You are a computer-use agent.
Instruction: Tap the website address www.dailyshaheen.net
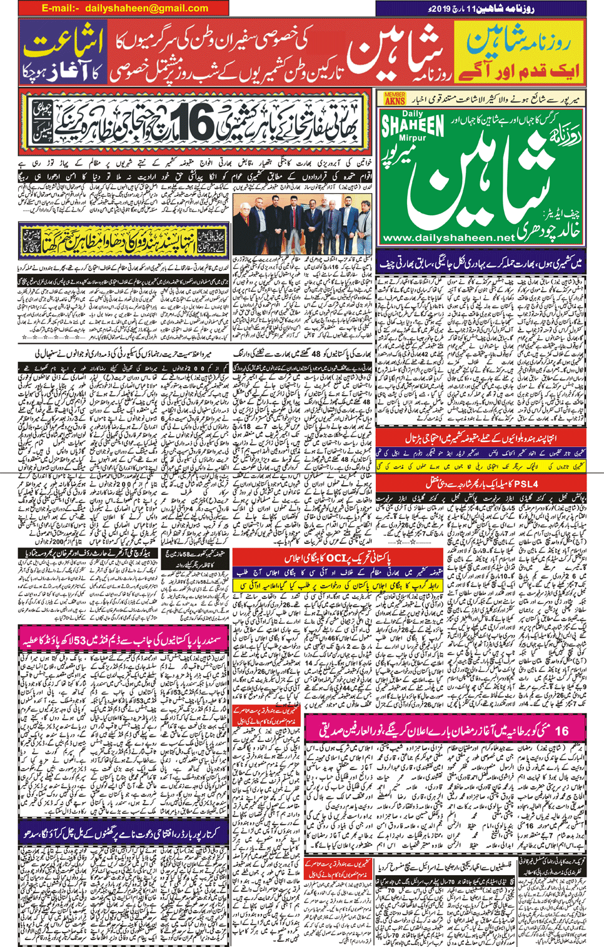tap(448, 238)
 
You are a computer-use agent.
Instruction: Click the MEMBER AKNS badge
tap(395, 98)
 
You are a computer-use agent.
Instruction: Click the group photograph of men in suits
tap(302, 226)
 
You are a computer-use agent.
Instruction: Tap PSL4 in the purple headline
tap(524, 484)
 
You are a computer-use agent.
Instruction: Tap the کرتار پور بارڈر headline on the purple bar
tap(125, 834)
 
